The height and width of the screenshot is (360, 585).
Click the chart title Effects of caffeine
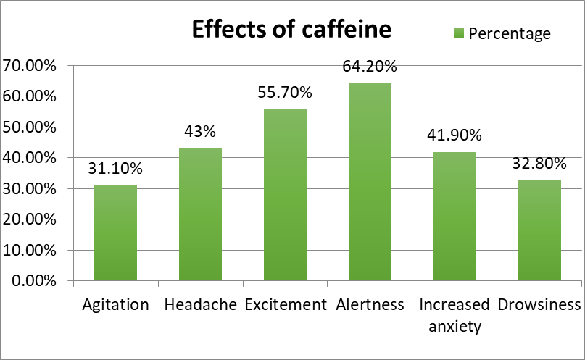[x=291, y=30]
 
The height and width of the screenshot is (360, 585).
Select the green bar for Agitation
[x=115, y=233]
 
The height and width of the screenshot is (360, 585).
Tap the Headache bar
[x=200, y=214]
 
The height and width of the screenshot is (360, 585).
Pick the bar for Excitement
[x=285, y=195]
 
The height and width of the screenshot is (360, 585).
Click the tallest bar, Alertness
[x=370, y=182]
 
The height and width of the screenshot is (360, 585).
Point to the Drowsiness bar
[x=539, y=230]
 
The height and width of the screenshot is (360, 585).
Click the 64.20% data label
[x=370, y=67]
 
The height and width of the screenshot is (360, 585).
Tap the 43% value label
[x=200, y=133]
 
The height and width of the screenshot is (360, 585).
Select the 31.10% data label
[x=115, y=169]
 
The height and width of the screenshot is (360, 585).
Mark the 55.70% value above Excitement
[x=285, y=93]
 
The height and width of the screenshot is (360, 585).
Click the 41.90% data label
[x=455, y=135]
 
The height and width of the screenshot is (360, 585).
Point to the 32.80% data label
[x=539, y=163]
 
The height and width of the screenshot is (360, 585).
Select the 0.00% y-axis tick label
[x=33, y=281]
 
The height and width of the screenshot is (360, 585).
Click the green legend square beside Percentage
[x=459, y=34]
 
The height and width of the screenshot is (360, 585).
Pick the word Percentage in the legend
[x=510, y=34]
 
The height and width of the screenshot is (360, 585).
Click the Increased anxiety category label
[x=455, y=314]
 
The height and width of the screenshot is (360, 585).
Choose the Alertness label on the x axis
[x=370, y=304]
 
